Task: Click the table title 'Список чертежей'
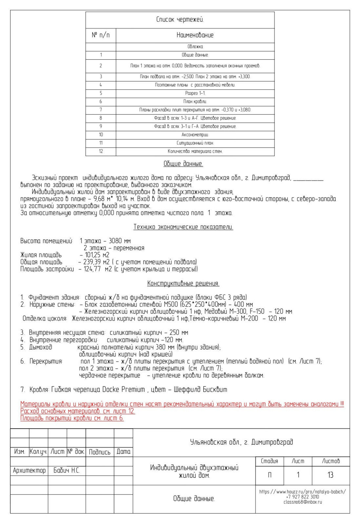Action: (x=180, y=20)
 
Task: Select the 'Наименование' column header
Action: (x=195, y=35)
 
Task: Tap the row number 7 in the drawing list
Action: (x=101, y=110)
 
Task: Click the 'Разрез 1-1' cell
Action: (x=195, y=93)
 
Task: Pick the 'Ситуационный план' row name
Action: (x=195, y=143)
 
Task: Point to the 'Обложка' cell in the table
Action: (x=195, y=47)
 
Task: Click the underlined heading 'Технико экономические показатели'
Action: (x=183, y=227)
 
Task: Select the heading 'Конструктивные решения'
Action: (x=183, y=283)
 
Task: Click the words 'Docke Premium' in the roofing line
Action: (x=123, y=389)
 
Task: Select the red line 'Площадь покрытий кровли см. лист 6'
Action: (x=72, y=418)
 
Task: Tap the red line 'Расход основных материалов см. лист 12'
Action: (x=77, y=411)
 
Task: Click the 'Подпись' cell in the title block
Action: (x=100, y=452)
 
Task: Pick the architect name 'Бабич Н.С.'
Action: (x=67, y=471)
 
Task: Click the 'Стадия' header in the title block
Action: (x=269, y=461)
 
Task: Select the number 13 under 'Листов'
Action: (x=330, y=475)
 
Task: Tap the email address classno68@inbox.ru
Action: (x=302, y=502)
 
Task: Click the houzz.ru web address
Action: (x=302, y=492)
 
